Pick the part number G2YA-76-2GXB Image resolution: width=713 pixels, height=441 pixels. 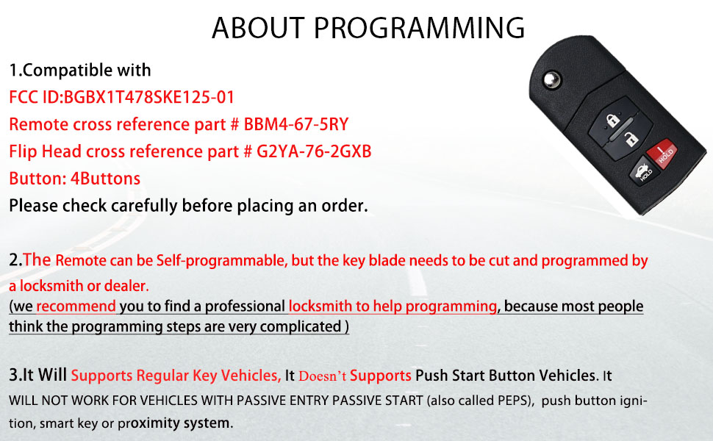coord(313,151)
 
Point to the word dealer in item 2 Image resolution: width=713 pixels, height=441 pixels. coord(129,285)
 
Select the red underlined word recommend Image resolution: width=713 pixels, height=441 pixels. coord(76,306)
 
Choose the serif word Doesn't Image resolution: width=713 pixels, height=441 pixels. coord(320,376)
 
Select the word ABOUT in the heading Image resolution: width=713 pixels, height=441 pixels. coord(254,28)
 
